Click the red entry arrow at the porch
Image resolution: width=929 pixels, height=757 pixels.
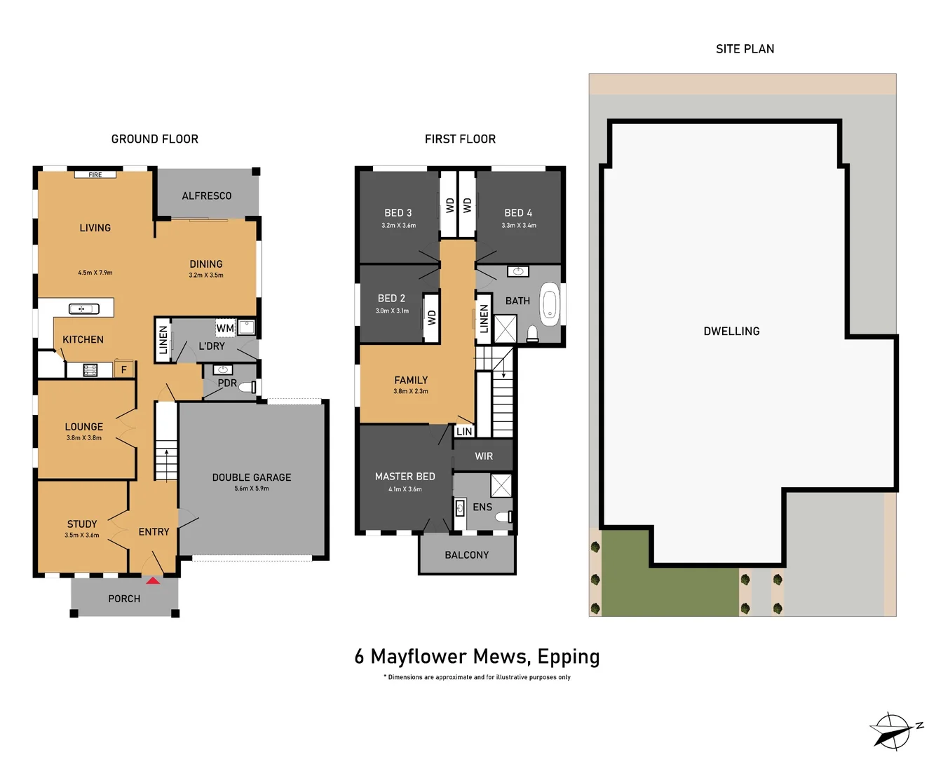tap(153, 580)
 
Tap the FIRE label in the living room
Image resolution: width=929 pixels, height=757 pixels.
tap(95, 175)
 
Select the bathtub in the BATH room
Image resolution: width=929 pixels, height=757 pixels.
tap(550, 305)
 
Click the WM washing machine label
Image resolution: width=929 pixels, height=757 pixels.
tap(225, 328)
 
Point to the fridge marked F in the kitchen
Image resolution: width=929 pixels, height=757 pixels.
tap(124, 369)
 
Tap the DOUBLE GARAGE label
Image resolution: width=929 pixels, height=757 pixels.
tap(252, 477)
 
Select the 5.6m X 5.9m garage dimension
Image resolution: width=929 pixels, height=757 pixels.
tap(252, 489)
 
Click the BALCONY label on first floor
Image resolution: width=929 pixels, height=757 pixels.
tap(466, 555)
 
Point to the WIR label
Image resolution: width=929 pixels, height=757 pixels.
tap(484, 456)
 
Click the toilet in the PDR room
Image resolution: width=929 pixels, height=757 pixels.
tap(248, 387)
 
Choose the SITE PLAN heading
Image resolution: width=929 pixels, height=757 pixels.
tap(745, 49)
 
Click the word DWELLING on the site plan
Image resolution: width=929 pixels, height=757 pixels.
tap(731, 332)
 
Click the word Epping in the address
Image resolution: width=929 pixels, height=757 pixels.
tap(569, 657)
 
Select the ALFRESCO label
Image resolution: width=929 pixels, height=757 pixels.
tap(206, 196)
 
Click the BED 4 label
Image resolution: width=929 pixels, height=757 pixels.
tap(518, 213)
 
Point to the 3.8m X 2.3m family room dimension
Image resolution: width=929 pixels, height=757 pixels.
tap(411, 392)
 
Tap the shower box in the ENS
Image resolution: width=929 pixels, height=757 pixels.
tap(501, 485)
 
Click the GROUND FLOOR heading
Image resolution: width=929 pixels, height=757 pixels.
tap(154, 139)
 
